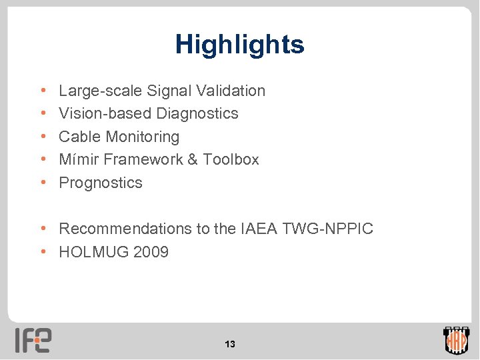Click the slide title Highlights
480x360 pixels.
coord(239,45)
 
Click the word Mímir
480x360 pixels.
coord(79,159)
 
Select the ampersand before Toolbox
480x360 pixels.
coord(192,159)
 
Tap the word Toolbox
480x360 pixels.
coord(231,159)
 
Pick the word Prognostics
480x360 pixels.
coord(101,183)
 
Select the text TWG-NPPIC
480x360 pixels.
coord(327,229)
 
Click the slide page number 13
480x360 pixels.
coord(230,345)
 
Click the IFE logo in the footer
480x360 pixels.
coord(34,340)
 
